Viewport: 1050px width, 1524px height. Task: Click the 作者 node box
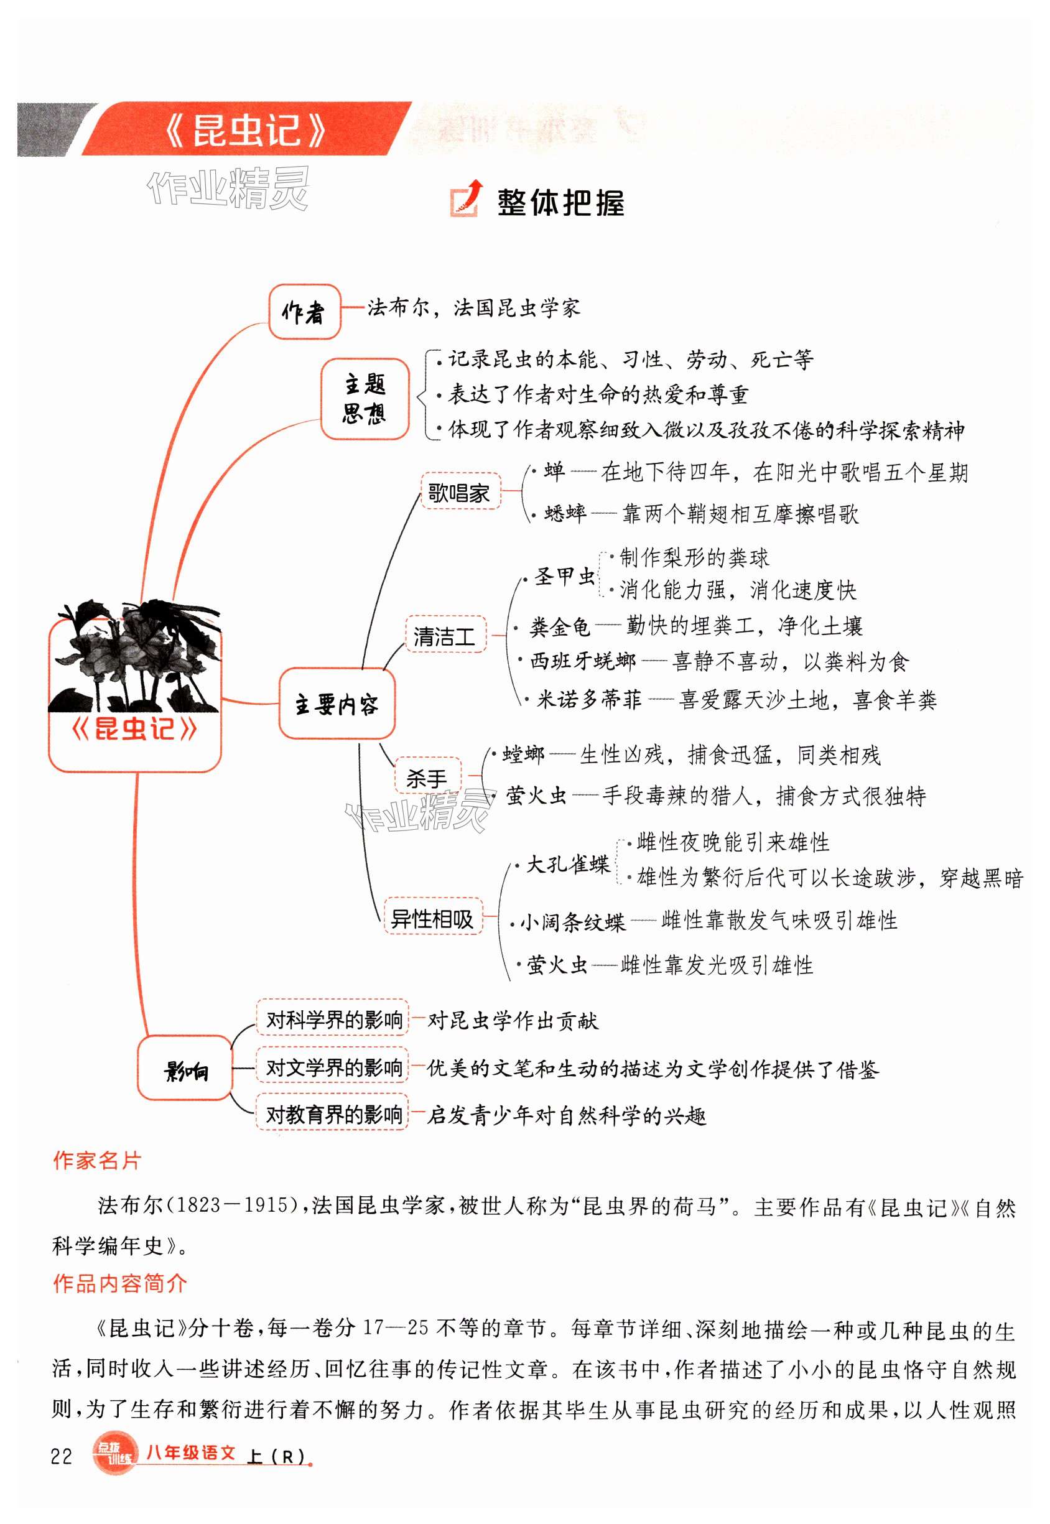pos(304,312)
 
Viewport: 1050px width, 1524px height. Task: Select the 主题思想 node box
pos(365,399)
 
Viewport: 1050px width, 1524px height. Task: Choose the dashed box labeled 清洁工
pos(445,634)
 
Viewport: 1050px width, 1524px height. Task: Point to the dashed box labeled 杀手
pos(427,778)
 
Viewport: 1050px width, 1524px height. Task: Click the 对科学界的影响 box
pos(333,1020)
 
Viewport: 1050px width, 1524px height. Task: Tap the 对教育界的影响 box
pos(333,1114)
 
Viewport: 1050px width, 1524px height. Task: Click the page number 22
pos(61,1456)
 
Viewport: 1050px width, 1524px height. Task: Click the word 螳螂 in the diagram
pos(523,754)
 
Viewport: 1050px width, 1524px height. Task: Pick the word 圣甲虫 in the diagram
pos(564,577)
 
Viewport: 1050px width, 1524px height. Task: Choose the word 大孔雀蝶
pos(568,863)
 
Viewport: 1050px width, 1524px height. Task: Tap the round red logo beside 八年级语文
pos(114,1454)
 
